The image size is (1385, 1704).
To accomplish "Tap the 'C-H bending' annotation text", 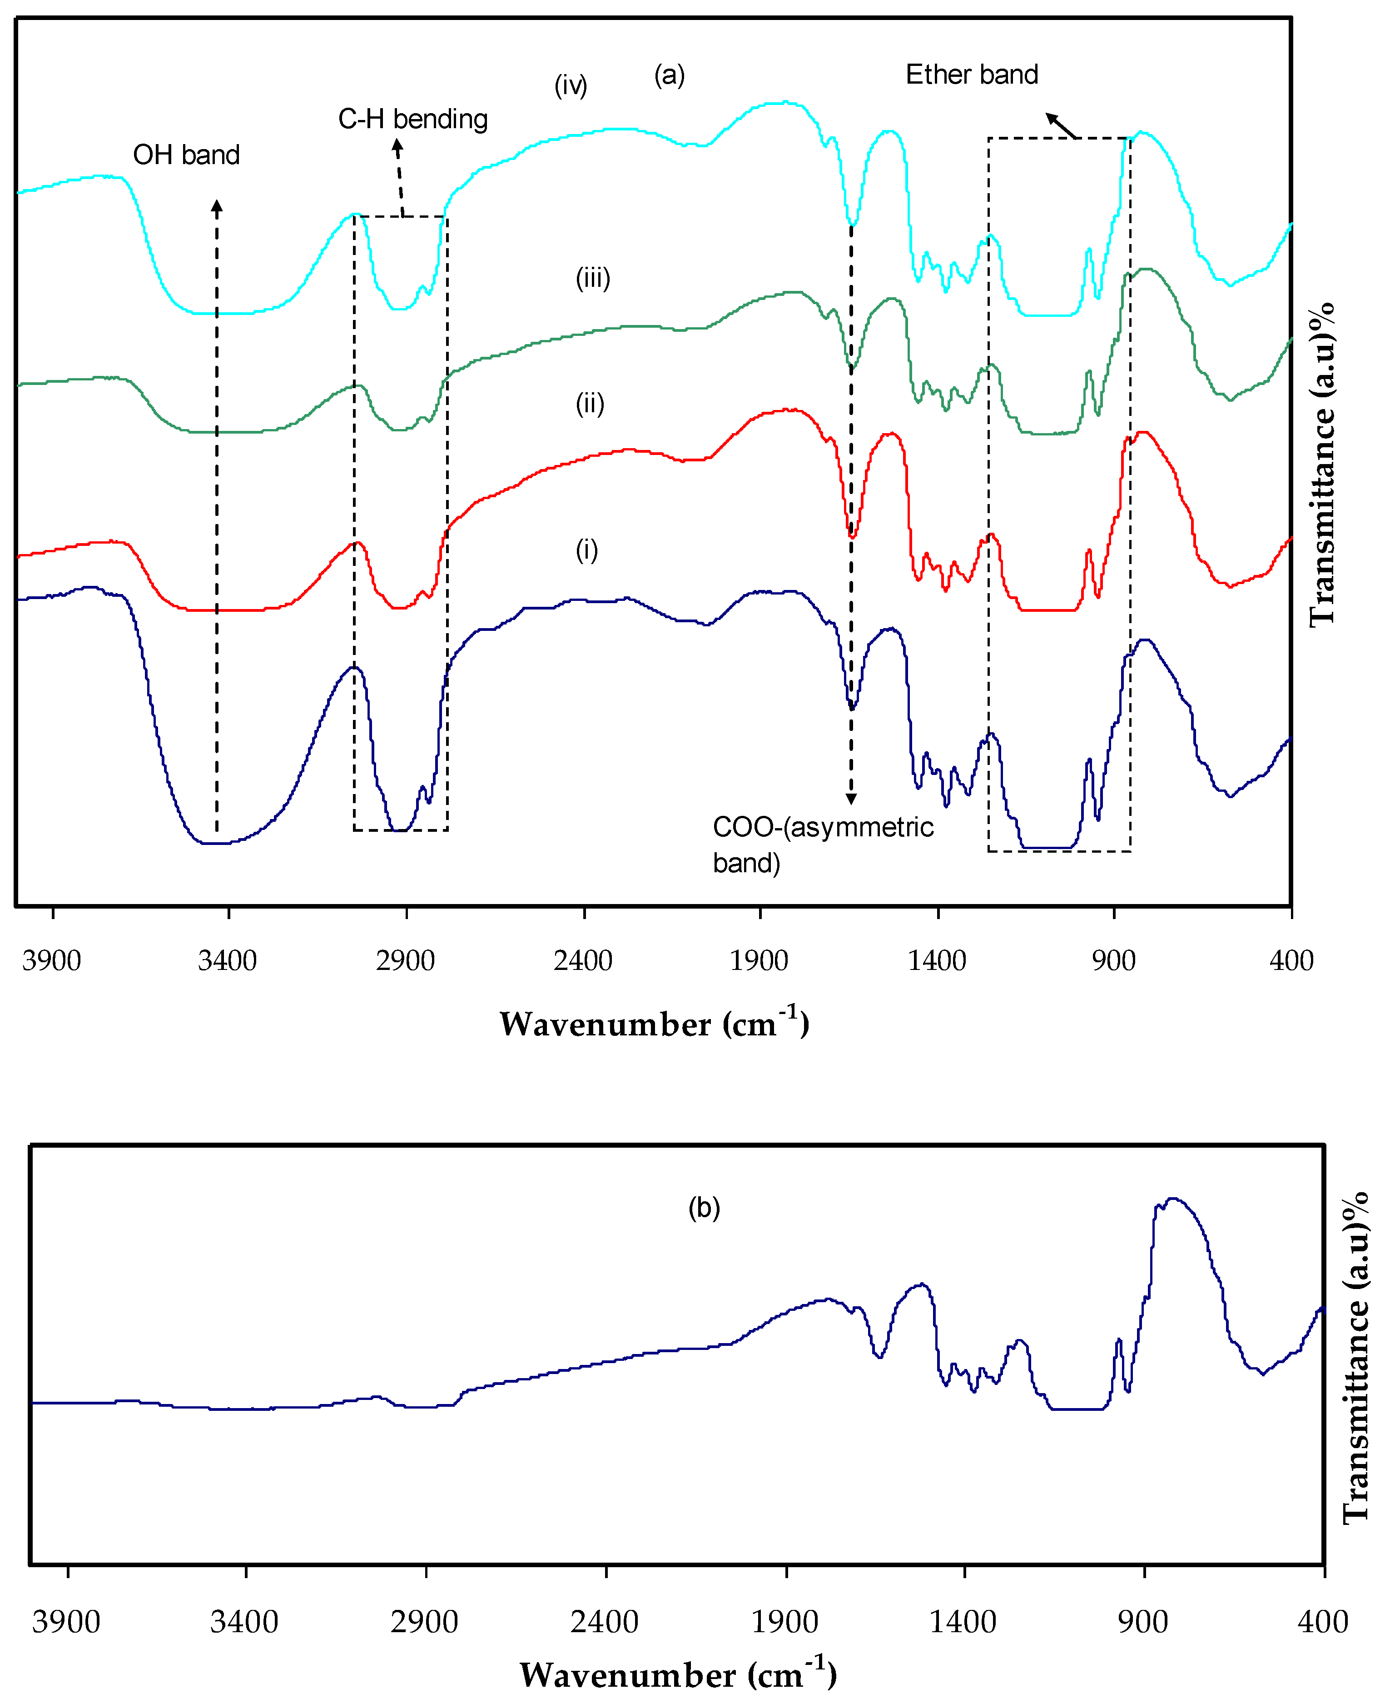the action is click(x=412, y=119).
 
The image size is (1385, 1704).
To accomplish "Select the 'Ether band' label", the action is click(x=972, y=74).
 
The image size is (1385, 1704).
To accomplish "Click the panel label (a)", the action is click(x=670, y=75).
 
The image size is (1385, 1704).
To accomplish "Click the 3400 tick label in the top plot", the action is click(x=228, y=960).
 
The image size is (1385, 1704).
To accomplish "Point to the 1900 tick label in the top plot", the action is click(x=759, y=960).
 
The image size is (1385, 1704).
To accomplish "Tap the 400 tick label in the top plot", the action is click(x=1291, y=960).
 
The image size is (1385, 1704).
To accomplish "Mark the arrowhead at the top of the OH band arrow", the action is click(x=217, y=206).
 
